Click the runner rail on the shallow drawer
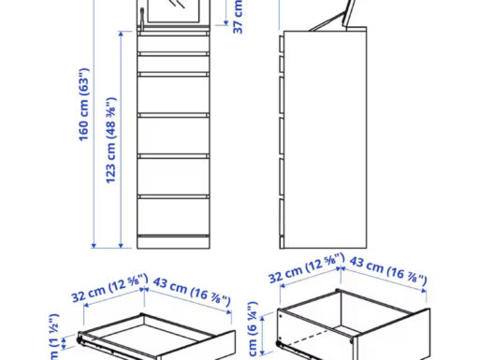103,340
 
